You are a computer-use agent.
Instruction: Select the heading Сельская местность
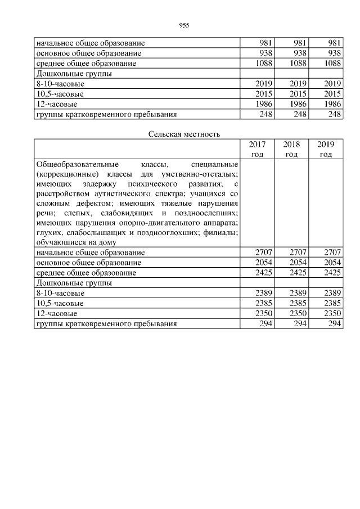(x=184, y=134)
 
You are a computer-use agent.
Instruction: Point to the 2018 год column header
(x=291, y=149)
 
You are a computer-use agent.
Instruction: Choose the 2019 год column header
(x=326, y=149)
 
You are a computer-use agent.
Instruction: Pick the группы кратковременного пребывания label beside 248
(x=106, y=114)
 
